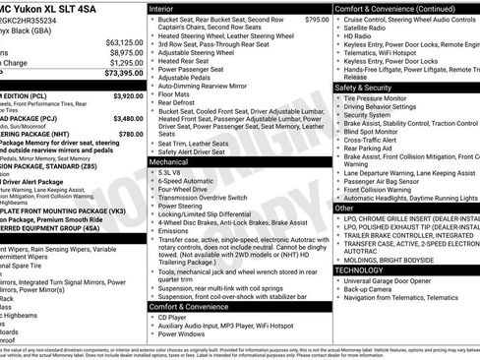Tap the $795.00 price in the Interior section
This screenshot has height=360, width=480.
pyautogui.click(x=317, y=19)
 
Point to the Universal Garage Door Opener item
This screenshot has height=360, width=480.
pyautogui.click(x=390, y=280)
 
